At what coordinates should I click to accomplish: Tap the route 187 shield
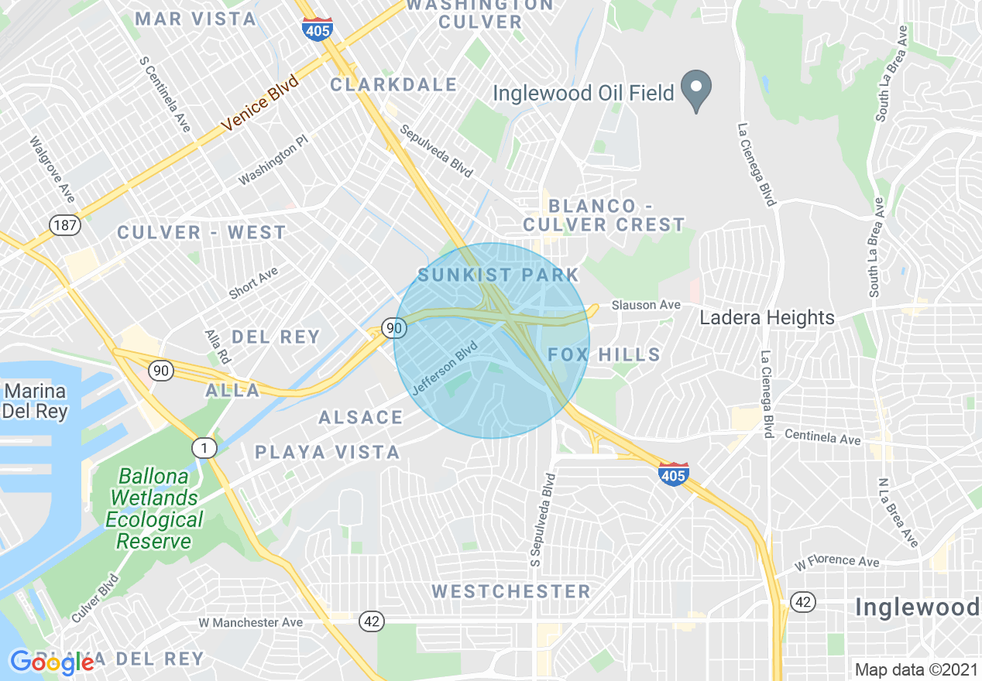[62, 225]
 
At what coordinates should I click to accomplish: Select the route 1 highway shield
[204, 447]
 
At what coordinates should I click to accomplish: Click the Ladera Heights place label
[767, 317]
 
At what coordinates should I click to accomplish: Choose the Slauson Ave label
[645, 306]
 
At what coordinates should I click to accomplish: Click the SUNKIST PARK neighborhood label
[498, 275]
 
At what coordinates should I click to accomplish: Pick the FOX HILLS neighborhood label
[604, 355]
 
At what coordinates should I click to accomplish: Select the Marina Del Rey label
[34, 400]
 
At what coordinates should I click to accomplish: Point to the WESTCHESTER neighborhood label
[511, 592]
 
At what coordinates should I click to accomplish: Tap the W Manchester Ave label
[250, 622]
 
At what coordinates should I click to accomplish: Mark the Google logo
[52, 662]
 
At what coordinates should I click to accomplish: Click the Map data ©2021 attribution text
[914, 669]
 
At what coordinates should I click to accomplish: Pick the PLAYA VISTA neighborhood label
[328, 452]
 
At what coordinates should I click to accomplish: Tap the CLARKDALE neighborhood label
[393, 84]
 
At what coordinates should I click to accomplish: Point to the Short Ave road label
[253, 283]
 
